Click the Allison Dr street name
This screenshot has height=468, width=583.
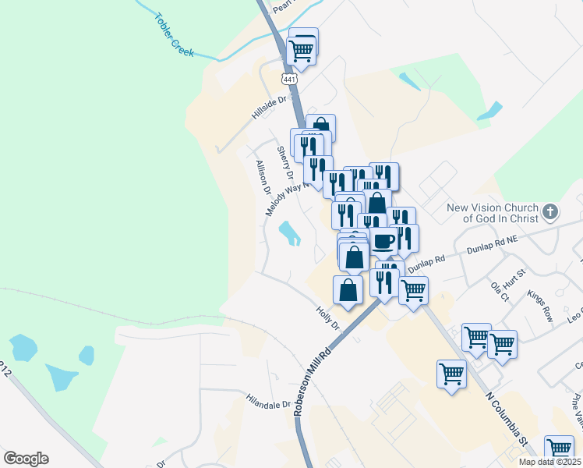263,178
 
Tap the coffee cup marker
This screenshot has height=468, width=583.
383,241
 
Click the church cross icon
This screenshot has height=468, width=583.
550,211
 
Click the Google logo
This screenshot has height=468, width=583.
26,458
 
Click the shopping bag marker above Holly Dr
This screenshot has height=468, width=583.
348,289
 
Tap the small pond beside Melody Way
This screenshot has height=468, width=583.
289,232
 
